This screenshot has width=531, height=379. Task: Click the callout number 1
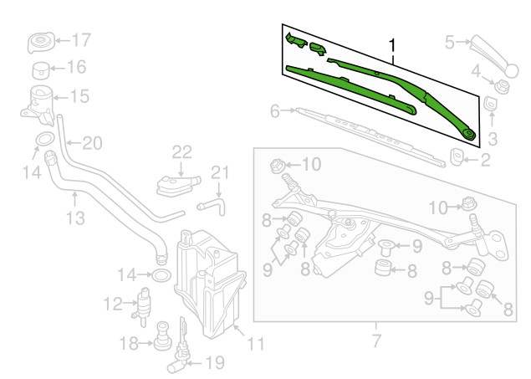(391, 44)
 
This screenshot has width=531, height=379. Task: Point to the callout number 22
(182, 151)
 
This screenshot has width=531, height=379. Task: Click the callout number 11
(256, 342)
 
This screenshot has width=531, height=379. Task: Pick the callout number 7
(375, 340)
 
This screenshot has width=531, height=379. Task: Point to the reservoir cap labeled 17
(38, 42)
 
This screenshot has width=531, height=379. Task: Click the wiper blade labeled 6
(368, 134)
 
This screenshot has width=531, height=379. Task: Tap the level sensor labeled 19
(181, 356)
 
